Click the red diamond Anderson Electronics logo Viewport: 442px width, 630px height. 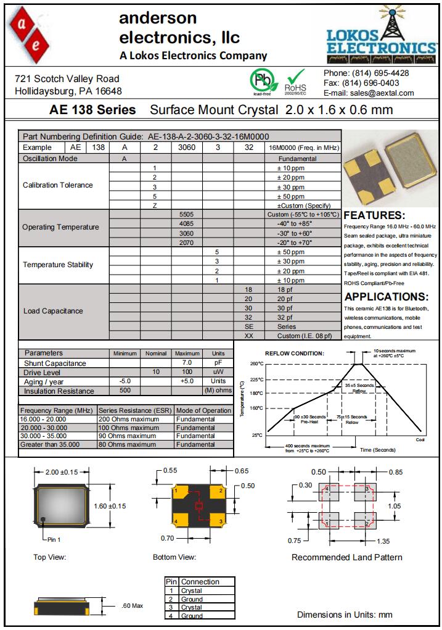[29, 33]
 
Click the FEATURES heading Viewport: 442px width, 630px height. [374, 215]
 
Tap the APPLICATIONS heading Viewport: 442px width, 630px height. [386, 296]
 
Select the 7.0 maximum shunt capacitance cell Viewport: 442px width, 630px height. [187, 363]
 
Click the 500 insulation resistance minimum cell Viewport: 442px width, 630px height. [125, 391]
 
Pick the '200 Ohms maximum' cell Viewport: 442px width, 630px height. [128, 419]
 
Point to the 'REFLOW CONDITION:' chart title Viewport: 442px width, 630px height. [294, 354]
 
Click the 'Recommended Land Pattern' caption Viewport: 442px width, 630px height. [346, 557]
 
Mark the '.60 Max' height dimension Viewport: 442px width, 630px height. [133, 605]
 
